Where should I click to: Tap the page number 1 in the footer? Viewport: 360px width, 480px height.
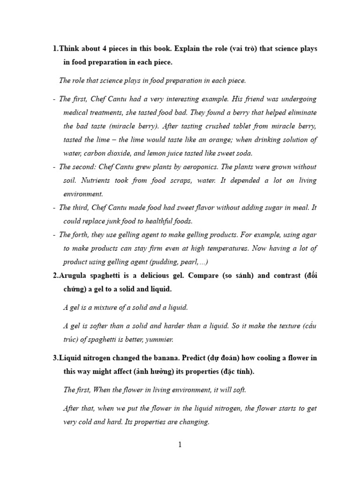pos(180,446)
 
